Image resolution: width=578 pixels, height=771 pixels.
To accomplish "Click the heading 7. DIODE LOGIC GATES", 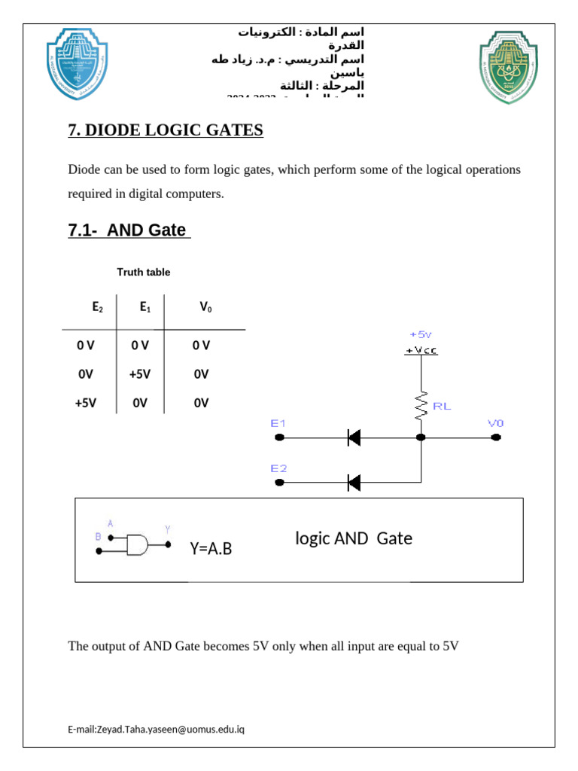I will tap(166, 130).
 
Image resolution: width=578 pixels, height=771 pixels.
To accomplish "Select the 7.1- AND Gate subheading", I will tap(127, 230).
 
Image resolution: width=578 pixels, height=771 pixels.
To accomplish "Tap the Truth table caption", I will tap(144, 272).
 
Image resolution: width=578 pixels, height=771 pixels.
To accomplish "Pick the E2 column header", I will tap(97, 307).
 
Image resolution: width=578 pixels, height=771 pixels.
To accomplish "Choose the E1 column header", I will tap(145, 307).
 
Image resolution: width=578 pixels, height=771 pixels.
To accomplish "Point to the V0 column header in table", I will tap(205, 307).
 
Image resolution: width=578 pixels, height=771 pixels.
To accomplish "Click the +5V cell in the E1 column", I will tap(140, 374).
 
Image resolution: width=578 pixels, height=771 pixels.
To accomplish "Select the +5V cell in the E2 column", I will tap(86, 403).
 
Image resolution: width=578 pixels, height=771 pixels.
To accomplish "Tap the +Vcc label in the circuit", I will tap(421, 350).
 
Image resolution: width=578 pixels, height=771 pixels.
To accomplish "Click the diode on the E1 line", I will tap(354, 437).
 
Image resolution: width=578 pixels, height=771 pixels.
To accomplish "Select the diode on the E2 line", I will tap(354, 482).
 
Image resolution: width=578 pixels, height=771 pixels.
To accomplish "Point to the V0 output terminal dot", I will tap(495, 437).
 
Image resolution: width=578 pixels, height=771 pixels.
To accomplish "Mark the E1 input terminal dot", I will tap(279, 437).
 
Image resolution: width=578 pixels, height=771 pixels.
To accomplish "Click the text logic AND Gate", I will tap(354, 538).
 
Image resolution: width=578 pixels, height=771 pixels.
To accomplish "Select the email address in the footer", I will tap(156, 730).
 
